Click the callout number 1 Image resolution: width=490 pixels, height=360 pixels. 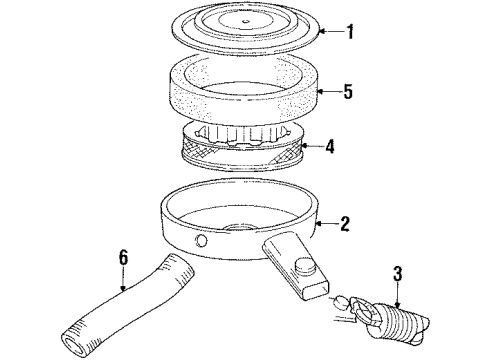point(349,32)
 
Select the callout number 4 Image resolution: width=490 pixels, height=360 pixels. point(349,147)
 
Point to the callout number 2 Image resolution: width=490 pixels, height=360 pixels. point(345,224)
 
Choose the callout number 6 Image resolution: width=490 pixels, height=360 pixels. point(124,258)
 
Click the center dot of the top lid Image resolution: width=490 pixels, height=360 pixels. point(245,20)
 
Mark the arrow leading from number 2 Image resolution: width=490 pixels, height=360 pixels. point(324,224)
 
